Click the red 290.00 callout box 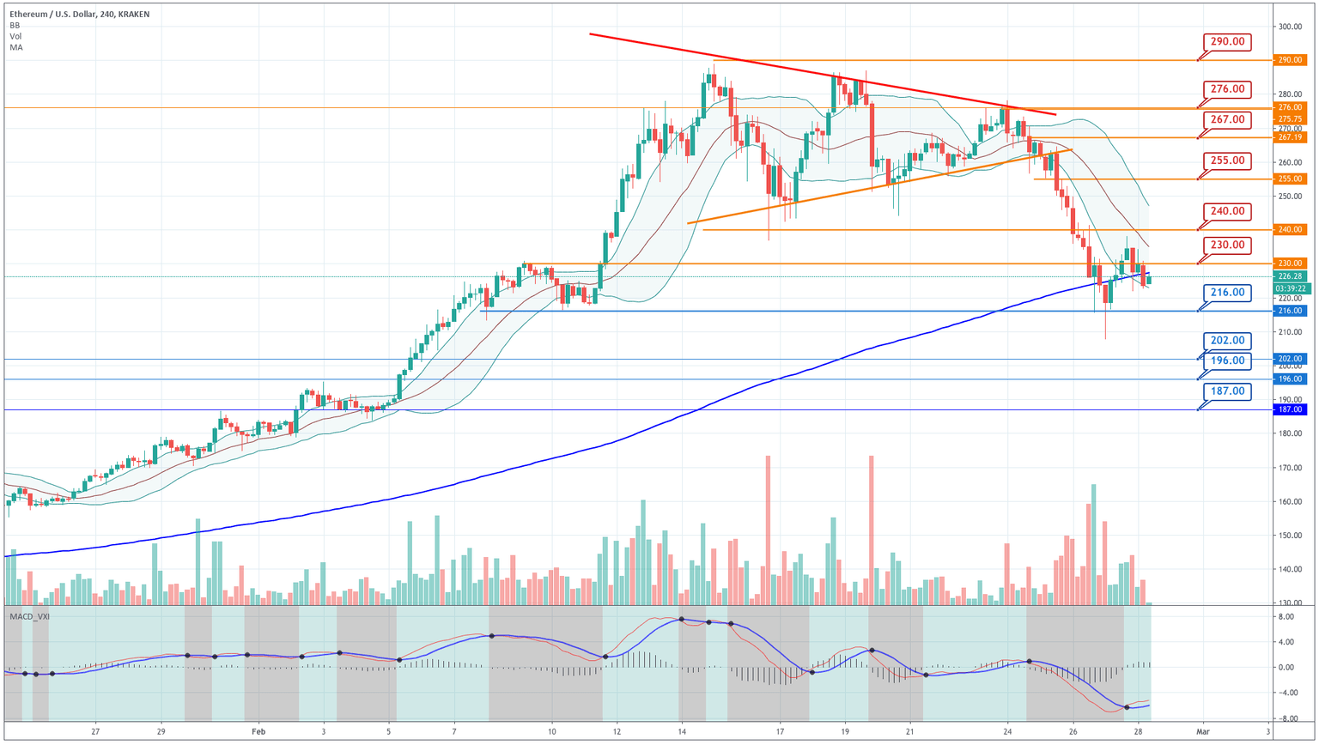point(1227,42)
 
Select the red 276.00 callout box point(1227,89)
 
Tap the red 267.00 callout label point(1227,119)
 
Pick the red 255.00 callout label point(1227,161)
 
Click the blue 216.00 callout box point(1227,293)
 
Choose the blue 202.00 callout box point(1227,341)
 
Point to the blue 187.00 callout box point(1227,391)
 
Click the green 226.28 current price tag point(1290,276)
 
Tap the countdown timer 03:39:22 point(1290,288)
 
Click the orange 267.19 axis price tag point(1290,137)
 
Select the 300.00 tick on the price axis point(1290,27)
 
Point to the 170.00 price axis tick point(1290,468)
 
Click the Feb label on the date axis point(258,731)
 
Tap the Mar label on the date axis point(1202,731)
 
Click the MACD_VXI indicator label point(29,616)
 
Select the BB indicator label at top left point(15,26)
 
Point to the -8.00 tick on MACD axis point(1286,718)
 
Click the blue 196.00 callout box point(1227,360)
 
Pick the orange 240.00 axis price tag point(1290,230)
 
